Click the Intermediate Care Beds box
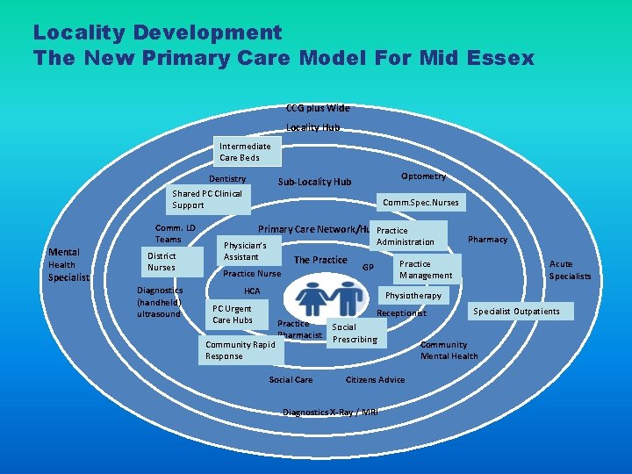pyautogui.click(x=246, y=152)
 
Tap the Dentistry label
pyautogui.click(x=226, y=179)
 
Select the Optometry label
pyautogui.click(x=423, y=176)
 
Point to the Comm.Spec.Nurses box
pyautogui.click(x=420, y=202)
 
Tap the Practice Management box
pyautogui.click(x=427, y=269)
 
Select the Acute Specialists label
pyautogui.click(x=570, y=269)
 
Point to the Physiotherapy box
pyautogui.click(x=413, y=296)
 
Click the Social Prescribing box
pyautogui.click(x=355, y=333)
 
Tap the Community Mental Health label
pyautogui.click(x=449, y=350)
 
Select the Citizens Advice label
pyautogui.click(x=376, y=379)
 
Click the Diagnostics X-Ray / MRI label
pyautogui.click(x=330, y=412)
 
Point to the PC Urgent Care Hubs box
pyautogui.click(x=234, y=314)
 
